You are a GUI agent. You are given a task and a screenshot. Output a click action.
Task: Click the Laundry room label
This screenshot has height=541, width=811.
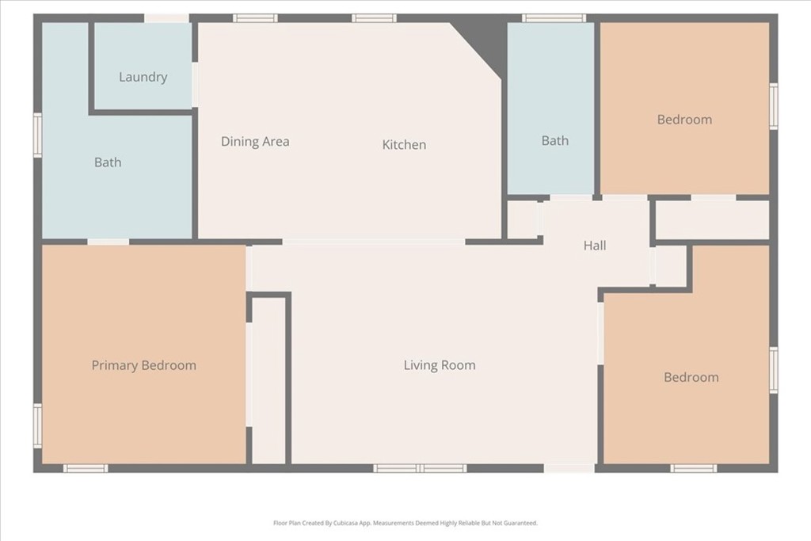click(x=143, y=77)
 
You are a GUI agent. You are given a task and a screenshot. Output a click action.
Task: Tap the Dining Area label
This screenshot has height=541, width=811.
click(x=255, y=141)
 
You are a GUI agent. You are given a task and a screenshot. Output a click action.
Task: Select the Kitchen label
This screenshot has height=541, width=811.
click(x=404, y=145)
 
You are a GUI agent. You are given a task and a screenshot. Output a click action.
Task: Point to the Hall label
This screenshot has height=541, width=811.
click(x=594, y=246)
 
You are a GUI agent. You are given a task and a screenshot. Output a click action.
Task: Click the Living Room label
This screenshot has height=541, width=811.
click(x=440, y=365)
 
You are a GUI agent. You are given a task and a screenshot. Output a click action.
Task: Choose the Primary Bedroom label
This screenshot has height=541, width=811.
click(x=144, y=365)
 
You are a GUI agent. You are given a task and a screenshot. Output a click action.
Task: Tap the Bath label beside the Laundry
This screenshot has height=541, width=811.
click(x=108, y=162)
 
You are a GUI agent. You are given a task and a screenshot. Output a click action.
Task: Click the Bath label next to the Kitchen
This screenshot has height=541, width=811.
click(x=555, y=141)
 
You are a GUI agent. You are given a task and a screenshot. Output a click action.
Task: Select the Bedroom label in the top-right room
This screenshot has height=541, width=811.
click(x=684, y=120)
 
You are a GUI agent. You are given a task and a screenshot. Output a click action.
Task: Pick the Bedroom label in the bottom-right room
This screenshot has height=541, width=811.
click(x=691, y=377)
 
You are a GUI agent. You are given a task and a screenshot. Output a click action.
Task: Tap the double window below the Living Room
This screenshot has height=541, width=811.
click(x=420, y=469)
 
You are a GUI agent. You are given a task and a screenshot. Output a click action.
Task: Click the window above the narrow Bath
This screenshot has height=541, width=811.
click(x=554, y=18)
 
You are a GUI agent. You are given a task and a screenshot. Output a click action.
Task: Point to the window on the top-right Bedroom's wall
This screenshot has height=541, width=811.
click(x=774, y=106)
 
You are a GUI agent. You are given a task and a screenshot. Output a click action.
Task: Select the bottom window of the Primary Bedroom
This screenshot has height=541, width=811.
click(x=86, y=469)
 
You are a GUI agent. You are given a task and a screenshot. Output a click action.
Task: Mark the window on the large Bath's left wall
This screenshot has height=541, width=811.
click(x=38, y=135)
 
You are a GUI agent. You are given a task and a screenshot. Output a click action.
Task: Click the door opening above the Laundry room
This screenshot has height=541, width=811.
click(x=166, y=18)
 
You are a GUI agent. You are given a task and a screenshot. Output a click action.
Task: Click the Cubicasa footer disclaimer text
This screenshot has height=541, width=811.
click(x=405, y=523)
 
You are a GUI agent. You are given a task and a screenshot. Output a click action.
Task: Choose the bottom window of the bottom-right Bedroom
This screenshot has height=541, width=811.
click(x=694, y=469)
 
